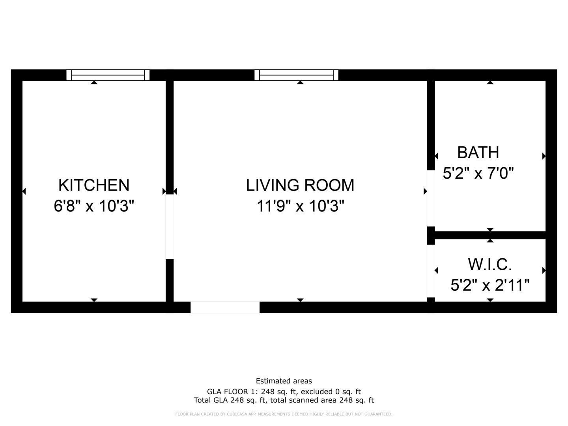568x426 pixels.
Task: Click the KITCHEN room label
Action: point(94,185)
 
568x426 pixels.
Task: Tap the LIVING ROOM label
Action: point(300,185)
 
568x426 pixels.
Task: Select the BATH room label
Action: point(478,152)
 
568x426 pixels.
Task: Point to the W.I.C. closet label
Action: point(490,264)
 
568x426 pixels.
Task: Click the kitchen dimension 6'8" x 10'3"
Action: point(94,206)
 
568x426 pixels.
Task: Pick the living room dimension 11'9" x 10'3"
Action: point(300,206)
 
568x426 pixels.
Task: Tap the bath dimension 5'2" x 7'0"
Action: point(478,173)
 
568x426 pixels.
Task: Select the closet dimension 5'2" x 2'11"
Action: point(490,285)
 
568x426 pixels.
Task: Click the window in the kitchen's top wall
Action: point(108,75)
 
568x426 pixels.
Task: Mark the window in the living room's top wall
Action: point(296,75)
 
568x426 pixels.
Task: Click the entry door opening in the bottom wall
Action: point(225,307)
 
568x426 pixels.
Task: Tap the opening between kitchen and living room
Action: point(170,227)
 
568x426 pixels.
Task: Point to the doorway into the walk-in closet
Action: point(431,271)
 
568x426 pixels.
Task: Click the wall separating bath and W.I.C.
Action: point(490,235)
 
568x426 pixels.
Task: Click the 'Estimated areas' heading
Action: point(284,381)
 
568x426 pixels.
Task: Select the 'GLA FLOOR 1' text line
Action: point(284,392)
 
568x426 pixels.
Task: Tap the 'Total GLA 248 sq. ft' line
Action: point(284,400)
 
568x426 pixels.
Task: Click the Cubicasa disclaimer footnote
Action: point(284,414)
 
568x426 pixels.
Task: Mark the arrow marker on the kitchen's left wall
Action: point(24,191)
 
